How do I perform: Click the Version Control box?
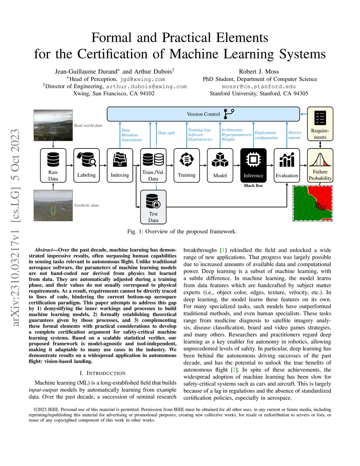[203, 114]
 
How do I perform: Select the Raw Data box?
[53, 165]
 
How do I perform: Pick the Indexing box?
[120, 165]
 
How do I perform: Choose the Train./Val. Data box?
[153, 165]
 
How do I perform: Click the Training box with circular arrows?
[187, 165]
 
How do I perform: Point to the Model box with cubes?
[220, 165]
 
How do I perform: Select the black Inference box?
[253, 165]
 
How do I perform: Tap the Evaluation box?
[287, 165]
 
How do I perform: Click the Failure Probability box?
[320, 165]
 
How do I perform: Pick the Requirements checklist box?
[320, 124]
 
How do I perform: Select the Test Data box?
[153, 207]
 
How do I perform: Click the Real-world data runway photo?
[53, 125]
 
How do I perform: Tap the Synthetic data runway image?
[53, 205]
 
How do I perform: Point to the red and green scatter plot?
[313, 203]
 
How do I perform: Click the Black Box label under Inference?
[253, 186]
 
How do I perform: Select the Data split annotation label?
[166, 133]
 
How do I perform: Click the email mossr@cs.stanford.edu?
[259, 87]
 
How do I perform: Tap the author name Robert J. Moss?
[259, 72]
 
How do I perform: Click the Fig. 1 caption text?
[182, 231]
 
